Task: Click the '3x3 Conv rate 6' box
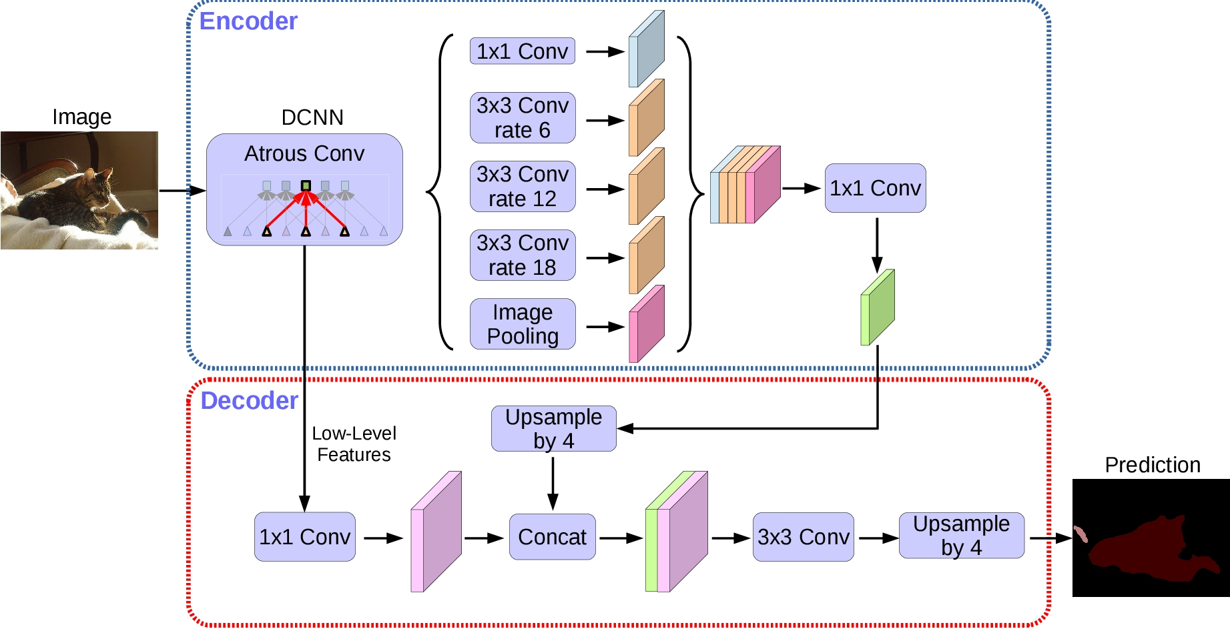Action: click(x=523, y=118)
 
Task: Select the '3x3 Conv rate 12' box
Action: click(x=523, y=187)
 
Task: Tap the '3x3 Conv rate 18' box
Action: click(x=523, y=255)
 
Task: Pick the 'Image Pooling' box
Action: click(x=523, y=324)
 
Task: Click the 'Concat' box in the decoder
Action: click(x=552, y=537)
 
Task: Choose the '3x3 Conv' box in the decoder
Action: click(x=803, y=537)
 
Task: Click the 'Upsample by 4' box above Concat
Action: click(x=553, y=429)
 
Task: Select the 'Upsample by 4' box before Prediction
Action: click(x=961, y=536)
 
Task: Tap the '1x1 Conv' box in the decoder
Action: click(x=304, y=537)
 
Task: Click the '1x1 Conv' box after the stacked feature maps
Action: click(x=875, y=188)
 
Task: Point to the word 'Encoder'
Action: click(x=248, y=21)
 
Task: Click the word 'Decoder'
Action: click(x=249, y=401)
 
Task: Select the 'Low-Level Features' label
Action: click(x=354, y=444)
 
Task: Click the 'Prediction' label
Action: click(x=1153, y=465)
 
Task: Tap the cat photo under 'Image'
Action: click(x=79, y=190)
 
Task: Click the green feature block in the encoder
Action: click(x=878, y=307)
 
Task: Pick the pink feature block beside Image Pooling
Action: click(x=646, y=325)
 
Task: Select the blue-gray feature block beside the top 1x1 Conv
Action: click(x=646, y=49)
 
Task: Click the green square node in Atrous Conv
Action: click(x=306, y=185)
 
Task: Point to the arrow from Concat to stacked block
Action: click(x=621, y=538)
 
